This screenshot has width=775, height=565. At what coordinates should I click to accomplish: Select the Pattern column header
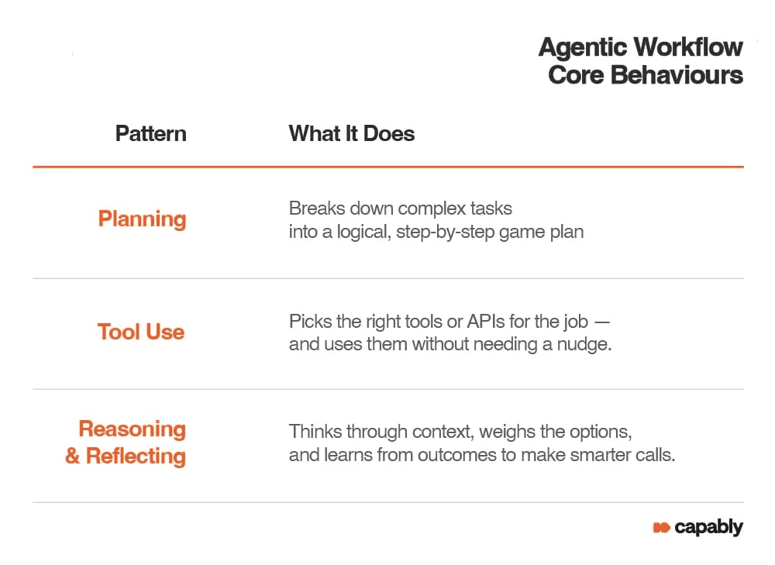(x=151, y=133)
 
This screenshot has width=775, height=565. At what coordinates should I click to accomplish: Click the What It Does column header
(x=351, y=133)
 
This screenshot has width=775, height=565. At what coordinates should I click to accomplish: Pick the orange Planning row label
(x=142, y=219)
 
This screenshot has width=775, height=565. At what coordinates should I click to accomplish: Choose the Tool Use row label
(x=141, y=332)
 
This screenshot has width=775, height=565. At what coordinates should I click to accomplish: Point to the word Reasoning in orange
(x=133, y=429)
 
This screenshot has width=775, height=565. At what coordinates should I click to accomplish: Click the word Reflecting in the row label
(x=136, y=456)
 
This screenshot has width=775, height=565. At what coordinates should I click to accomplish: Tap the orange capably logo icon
(x=661, y=528)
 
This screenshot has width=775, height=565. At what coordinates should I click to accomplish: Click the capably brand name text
(x=708, y=528)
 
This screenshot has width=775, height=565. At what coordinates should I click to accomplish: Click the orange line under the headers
(x=387, y=167)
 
